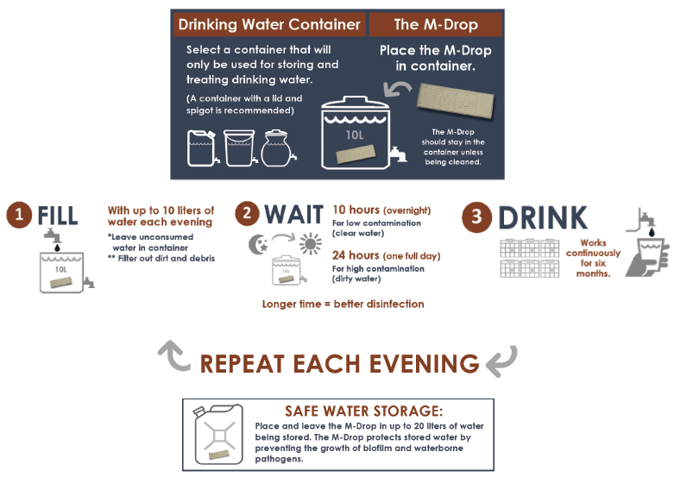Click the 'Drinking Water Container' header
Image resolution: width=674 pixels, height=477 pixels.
click(x=269, y=24)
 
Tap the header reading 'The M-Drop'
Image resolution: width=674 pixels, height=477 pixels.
click(x=436, y=24)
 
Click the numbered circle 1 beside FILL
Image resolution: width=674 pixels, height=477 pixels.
click(x=19, y=215)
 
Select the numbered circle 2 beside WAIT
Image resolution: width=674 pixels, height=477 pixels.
click(x=247, y=214)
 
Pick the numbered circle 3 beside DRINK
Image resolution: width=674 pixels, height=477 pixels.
click(x=476, y=217)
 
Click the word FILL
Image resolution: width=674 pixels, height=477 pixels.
click(x=58, y=216)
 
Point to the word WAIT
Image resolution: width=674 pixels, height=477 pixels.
click(x=293, y=215)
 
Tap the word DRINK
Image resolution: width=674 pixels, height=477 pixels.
click(x=543, y=218)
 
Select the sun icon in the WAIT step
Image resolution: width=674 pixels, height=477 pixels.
click(x=311, y=244)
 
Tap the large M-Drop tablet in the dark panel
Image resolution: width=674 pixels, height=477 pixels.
click(x=456, y=101)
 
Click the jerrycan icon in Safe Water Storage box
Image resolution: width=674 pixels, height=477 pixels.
click(x=219, y=435)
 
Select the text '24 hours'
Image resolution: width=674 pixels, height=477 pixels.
click(x=356, y=255)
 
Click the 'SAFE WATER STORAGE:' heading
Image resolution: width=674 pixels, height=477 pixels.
click(x=363, y=411)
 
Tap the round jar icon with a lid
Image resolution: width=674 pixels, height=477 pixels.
click(x=278, y=148)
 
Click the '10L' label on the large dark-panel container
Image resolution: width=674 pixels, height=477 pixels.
click(x=355, y=135)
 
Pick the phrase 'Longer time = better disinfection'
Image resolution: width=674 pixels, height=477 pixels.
click(x=343, y=304)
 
